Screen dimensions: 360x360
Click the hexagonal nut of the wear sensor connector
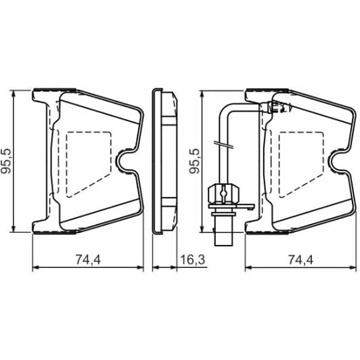[x=222, y=192]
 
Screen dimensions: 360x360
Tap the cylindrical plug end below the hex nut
[x=222, y=233]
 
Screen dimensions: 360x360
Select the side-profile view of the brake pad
[x=164, y=161]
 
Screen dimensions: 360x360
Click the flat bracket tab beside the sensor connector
[x=244, y=201]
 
